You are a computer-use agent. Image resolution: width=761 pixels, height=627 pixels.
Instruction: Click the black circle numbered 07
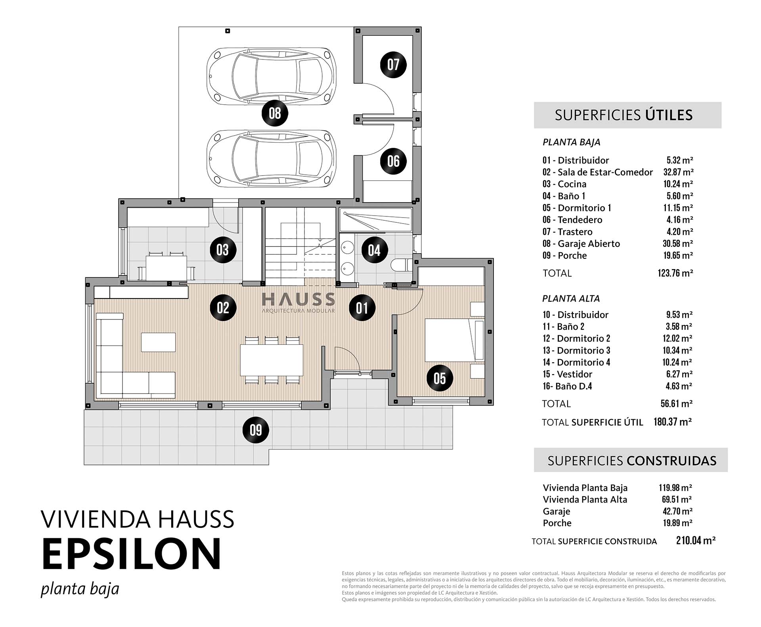point(393,65)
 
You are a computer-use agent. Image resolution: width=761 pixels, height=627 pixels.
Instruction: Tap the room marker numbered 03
point(223,250)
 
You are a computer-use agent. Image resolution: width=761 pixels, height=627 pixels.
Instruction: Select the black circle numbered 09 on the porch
point(256,430)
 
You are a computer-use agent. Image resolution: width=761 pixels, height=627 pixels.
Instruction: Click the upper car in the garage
point(272,76)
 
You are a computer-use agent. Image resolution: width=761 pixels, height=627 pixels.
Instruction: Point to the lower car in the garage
point(272,159)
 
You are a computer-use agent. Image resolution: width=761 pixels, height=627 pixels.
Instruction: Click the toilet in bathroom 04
point(402,265)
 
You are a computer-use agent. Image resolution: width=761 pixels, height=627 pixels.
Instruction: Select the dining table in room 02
point(272,360)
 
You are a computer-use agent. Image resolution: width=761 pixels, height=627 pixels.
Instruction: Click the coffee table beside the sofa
point(159,342)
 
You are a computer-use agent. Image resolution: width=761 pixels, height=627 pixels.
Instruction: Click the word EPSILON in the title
point(131,554)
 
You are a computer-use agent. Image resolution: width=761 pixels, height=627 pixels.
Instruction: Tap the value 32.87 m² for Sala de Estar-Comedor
point(678,172)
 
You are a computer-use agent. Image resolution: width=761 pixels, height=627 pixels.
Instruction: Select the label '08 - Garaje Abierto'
point(581,244)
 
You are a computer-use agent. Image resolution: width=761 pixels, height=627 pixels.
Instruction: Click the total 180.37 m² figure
point(673,422)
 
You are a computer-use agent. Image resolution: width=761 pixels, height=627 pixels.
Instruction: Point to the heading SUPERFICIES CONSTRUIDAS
point(632,461)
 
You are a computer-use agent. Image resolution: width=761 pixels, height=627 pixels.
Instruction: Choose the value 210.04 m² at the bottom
point(696,541)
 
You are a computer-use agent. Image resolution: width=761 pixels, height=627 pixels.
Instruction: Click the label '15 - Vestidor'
point(567,374)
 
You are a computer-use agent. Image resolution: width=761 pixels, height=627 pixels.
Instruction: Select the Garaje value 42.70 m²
point(677,511)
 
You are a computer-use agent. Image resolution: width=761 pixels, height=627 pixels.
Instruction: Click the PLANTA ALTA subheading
point(571,298)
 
